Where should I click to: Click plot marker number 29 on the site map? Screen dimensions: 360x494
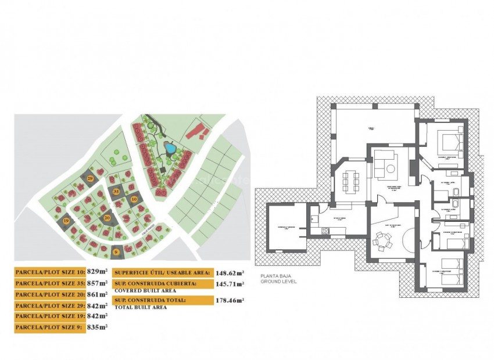[91, 178]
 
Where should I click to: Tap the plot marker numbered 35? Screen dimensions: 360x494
[116, 192]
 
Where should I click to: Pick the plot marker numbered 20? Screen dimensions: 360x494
[107, 218]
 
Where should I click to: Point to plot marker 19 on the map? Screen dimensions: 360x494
[66, 221]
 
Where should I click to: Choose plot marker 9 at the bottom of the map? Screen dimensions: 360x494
[116, 251]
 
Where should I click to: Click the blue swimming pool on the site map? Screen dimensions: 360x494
[169, 149]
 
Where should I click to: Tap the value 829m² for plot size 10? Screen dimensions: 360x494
[98, 271]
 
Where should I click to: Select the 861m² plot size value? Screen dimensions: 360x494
[98, 294]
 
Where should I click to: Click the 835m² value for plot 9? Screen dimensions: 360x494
[98, 327]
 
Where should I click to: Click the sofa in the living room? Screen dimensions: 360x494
[384, 163]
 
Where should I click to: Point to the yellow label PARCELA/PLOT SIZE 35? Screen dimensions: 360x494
[50, 283]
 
